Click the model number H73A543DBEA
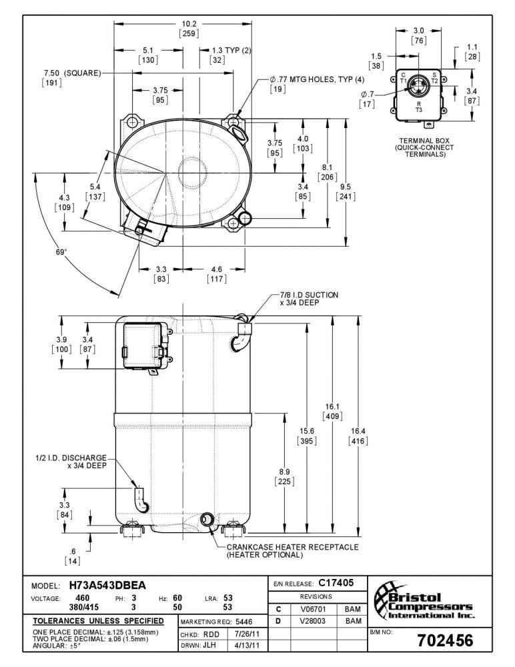[107, 586]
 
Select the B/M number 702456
[445, 640]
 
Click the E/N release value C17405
[336, 583]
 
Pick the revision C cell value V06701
[313, 609]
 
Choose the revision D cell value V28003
[313, 621]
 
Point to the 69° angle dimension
[61, 252]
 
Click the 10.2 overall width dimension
[189, 24]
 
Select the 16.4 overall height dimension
[358, 431]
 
